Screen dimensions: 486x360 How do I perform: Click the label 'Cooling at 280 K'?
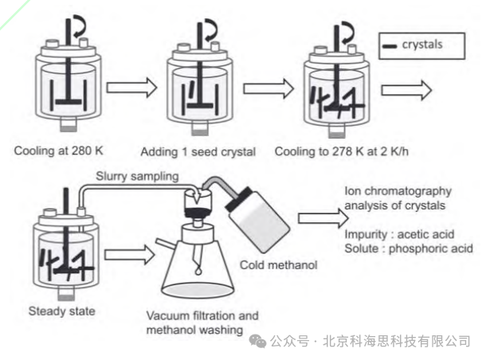[x=58, y=151]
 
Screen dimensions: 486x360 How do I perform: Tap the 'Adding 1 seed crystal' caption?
[x=198, y=152]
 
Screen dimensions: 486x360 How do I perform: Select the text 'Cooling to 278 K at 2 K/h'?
[x=342, y=151]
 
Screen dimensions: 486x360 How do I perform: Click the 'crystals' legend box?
[x=421, y=46]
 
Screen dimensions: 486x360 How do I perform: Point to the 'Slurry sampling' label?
[x=137, y=176]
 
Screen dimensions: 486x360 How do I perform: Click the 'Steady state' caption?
[x=61, y=311]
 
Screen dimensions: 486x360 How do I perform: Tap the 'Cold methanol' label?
[x=279, y=265]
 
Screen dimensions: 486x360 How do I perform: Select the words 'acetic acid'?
[x=426, y=234]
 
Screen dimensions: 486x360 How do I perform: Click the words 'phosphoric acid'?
[x=431, y=248]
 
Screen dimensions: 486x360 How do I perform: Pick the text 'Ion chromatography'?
[x=398, y=191]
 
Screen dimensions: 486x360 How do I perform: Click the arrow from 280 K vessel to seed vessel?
[x=131, y=88]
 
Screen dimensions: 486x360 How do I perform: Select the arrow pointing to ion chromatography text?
[x=323, y=218]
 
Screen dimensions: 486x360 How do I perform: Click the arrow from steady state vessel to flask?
[x=130, y=255]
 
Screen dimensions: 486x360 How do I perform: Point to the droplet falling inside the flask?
[x=198, y=272]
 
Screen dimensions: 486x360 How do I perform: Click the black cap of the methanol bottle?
[x=239, y=199]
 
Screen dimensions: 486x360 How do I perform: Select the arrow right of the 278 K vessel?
[x=406, y=90]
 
